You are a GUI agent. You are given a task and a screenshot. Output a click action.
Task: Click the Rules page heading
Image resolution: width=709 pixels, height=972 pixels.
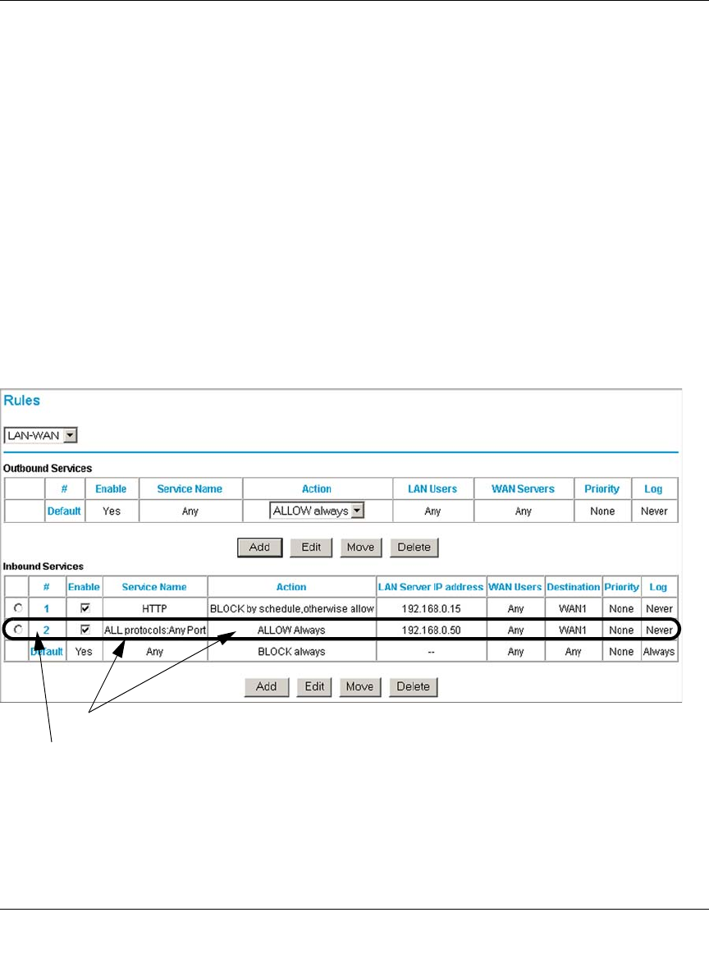[22, 401]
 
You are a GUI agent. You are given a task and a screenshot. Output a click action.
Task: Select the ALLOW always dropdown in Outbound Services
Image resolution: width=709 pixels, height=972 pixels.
[317, 511]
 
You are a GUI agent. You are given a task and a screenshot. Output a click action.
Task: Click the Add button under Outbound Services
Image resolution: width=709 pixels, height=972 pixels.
[259, 547]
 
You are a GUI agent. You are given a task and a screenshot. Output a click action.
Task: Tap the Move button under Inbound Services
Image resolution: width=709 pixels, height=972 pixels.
[359, 686]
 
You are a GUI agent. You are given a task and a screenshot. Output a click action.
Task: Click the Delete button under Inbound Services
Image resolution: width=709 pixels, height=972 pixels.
[414, 686]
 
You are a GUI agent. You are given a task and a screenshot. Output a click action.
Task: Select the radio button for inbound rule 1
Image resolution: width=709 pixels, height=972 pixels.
[18, 608]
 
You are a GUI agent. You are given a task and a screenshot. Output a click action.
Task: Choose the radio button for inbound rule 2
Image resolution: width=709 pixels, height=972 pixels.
[18, 630]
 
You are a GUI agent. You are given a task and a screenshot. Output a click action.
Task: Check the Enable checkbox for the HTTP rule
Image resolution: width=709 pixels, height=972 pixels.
[85, 608]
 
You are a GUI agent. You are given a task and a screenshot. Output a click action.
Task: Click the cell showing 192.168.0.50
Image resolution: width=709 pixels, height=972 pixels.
[431, 630]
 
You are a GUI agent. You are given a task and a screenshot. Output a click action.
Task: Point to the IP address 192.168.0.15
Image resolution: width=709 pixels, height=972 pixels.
[431, 609]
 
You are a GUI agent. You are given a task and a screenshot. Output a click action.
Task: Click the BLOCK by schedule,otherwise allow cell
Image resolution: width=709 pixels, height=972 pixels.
[291, 609]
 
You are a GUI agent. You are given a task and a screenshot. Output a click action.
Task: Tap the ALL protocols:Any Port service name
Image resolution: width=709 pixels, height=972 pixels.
[154, 630]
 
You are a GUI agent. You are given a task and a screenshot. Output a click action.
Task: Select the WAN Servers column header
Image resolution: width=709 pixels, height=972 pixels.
[523, 488]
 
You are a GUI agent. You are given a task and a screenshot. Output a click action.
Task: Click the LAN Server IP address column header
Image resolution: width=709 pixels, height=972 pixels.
[431, 587]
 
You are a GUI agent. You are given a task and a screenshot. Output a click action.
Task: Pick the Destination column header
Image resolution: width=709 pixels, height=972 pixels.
[573, 587]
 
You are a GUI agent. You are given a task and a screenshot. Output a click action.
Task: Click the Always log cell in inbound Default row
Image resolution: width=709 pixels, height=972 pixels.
[659, 652]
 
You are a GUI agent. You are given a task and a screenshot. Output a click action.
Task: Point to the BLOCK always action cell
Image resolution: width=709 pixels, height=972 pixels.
[291, 652]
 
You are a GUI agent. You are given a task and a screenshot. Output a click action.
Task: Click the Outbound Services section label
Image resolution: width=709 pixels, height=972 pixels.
[48, 468]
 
